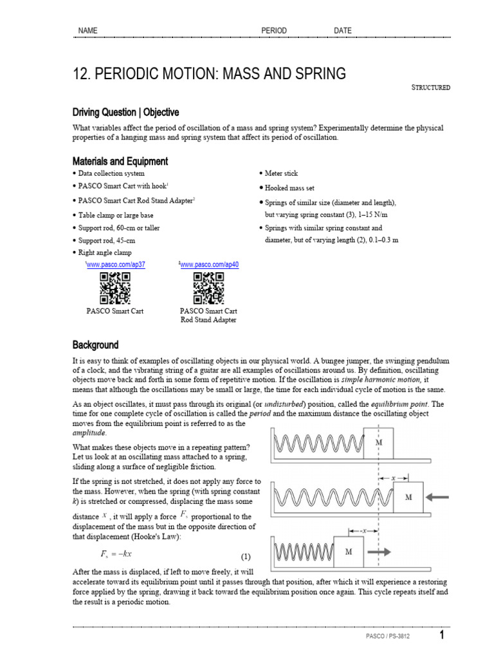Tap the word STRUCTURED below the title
430,88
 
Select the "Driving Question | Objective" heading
125,112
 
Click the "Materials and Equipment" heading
120,161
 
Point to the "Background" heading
95,345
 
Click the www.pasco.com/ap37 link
116,265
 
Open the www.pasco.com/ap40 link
210,265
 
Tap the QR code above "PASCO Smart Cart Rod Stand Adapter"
208,288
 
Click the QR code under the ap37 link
115,288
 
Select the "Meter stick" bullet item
281,174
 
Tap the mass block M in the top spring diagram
378,443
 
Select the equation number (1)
246,556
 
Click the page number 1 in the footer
442,636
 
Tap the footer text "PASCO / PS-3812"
387,637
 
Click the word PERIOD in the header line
273,31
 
